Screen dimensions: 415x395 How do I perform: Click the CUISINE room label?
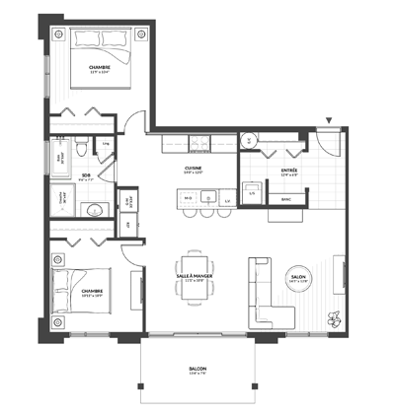click(195, 169)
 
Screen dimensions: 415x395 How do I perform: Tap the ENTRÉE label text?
click(289, 170)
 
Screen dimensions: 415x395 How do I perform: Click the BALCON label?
click(197, 372)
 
